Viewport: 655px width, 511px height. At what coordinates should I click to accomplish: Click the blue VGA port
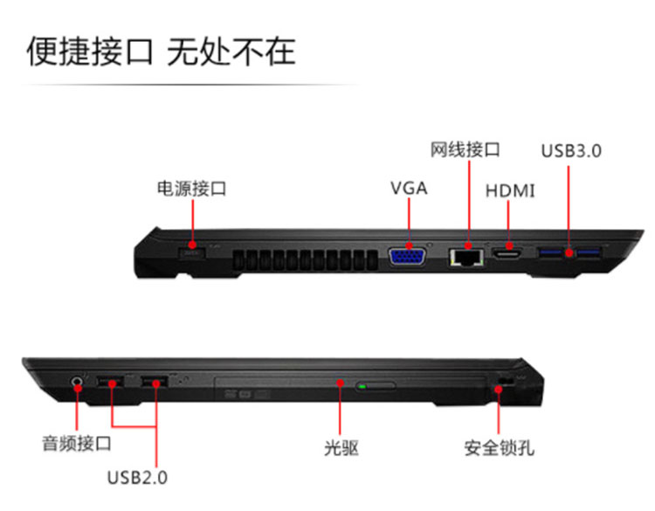point(408,257)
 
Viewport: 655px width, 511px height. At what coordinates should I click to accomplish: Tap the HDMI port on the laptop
point(507,252)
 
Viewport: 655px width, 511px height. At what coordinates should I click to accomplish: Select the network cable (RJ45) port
point(466,258)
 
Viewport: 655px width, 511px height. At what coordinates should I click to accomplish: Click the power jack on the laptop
point(192,252)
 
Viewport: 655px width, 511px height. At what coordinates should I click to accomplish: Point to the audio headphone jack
point(77,382)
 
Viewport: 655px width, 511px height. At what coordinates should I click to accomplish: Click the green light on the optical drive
point(362,386)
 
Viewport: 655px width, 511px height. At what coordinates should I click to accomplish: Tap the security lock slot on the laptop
point(506,382)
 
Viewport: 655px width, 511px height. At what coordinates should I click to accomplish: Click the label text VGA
point(409,188)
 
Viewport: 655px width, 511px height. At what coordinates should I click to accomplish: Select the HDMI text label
point(510,191)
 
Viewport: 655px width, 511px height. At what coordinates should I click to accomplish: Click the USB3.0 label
point(571,151)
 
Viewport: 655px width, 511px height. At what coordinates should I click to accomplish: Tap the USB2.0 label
point(137,478)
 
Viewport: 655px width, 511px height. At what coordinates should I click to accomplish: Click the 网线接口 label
point(465,149)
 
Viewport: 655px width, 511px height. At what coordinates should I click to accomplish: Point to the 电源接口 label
point(192,189)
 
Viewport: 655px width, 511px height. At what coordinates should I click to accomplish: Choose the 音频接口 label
point(77,444)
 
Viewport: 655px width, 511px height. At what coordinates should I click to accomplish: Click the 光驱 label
point(341,448)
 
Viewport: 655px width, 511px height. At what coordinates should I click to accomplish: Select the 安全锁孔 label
point(500,448)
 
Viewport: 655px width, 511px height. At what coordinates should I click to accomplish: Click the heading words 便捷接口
point(90,52)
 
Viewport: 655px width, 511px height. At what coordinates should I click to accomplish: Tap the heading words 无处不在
point(231,52)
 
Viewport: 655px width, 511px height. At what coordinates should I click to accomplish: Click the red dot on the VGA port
point(409,245)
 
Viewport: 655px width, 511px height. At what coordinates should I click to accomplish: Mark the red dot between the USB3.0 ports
point(569,252)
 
